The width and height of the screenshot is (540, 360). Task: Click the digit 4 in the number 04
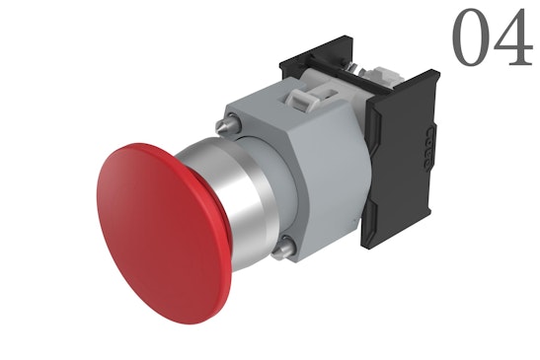514,38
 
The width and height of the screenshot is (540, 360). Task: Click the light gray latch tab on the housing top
301,95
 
